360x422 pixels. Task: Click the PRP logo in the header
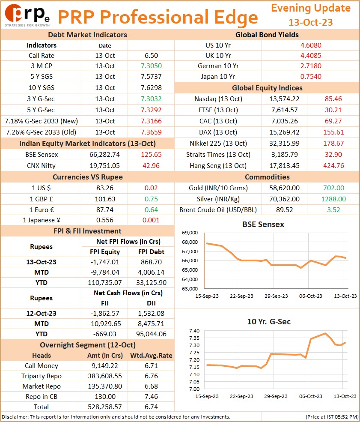pyautogui.click(x=27, y=15)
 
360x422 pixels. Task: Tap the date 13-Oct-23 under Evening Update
pyautogui.click(x=310, y=22)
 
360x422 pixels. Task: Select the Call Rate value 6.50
pyautogui.click(x=151, y=56)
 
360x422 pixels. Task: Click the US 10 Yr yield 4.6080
pyautogui.click(x=311, y=45)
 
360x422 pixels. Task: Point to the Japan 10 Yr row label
pyautogui.click(x=218, y=77)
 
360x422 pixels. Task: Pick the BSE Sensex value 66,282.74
pyautogui.click(x=104, y=155)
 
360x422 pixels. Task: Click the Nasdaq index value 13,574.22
pyautogui.click(x=284, y=99)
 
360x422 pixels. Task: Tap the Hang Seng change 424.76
pyautogui.click(x=333, y=166)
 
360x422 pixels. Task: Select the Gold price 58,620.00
pyautogui.click(x=284, y=188)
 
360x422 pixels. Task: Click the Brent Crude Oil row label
pyautogui.click(x=218, y=210)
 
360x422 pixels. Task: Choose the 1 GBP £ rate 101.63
pyautogui.click(x=105, y=199)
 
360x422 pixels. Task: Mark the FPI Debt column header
pyautogui.click(x=151, y=252)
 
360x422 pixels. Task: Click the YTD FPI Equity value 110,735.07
pyautogui.click(x=105, y=283)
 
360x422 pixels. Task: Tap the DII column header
pyautogui.click(x=151, y=303)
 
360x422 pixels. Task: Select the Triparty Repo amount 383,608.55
pyautogui.click(x=105, y=376)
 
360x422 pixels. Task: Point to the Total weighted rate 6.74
pyautogui.click(x=151, y=407)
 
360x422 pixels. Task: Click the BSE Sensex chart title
pyautogui.click(x=263, y=224)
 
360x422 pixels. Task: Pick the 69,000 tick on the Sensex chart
pyautogui.click(x=190, y=233)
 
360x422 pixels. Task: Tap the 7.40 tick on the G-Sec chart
pyautogui.click(x=194, y=331)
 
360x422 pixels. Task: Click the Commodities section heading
pyautogui.click(x=267, y=177)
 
